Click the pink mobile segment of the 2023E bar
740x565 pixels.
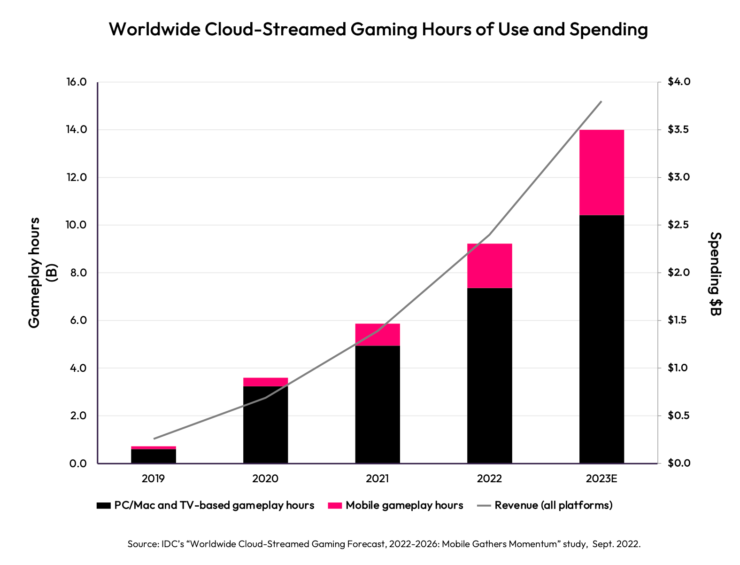(x=601, y=172)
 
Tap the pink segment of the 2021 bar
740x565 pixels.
(x=378, y=335)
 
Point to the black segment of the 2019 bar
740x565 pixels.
(x=154, y=456)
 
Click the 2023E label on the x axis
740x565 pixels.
(x=601, y=479)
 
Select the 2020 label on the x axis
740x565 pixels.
(x=265, y=479)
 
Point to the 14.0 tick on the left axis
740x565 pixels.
(x=77, y=130)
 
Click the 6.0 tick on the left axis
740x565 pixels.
(x=77, y=321)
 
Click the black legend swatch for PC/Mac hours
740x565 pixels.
(x=103, y=506)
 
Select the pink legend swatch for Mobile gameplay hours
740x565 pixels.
(x=335, y=506)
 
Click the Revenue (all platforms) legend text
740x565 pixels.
(x=553, y=505)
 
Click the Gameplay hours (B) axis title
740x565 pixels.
(x=41, y=273)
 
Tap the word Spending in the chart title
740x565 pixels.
(x=609, y=29)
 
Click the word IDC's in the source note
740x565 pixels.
(x=174, y=544)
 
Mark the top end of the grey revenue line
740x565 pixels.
(x=601, y=102)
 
